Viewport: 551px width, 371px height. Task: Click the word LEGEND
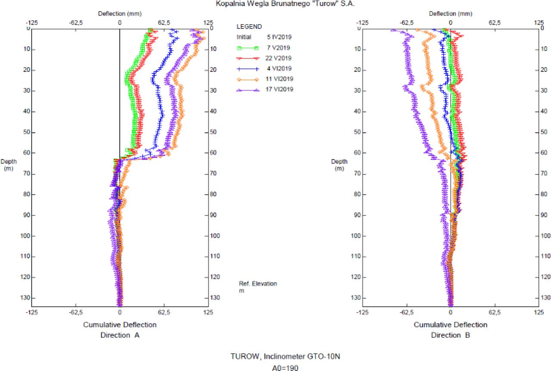(249, 27)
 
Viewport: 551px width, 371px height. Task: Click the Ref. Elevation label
(258, 284)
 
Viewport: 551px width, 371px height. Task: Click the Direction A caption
(120, 335)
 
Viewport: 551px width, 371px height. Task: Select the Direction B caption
(451, 335)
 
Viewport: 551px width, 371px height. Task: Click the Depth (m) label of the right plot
(339, 165)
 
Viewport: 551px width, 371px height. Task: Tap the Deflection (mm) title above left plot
(120, 14)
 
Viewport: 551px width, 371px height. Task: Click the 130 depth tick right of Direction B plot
(545, 297)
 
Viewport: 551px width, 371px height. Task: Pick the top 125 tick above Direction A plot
(208, 22)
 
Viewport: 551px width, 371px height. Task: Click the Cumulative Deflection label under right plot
(451, 325)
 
